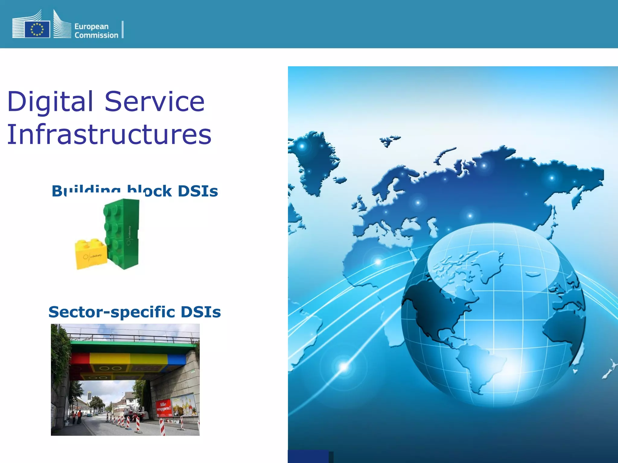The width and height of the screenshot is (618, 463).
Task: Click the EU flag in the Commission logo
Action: pos(37,29)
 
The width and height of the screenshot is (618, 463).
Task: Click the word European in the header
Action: pos(91,27)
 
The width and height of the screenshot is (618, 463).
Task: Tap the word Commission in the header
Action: pos(96,35)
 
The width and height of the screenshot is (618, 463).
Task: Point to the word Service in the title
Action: pos(154,102)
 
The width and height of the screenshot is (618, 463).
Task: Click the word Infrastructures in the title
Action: pos(109,134)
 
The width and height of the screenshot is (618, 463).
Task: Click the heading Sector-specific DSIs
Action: pos(135,312)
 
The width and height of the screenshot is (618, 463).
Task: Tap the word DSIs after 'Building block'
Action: pos(198,191)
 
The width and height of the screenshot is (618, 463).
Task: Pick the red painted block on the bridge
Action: pos(80,358)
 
